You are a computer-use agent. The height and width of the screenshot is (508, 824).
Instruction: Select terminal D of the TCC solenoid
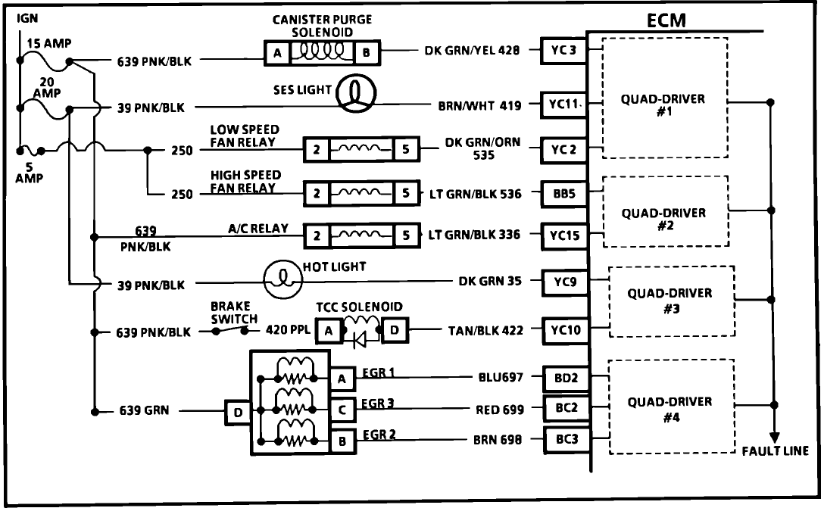(396, 330)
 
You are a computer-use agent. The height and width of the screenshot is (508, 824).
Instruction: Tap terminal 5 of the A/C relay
(407, 235)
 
